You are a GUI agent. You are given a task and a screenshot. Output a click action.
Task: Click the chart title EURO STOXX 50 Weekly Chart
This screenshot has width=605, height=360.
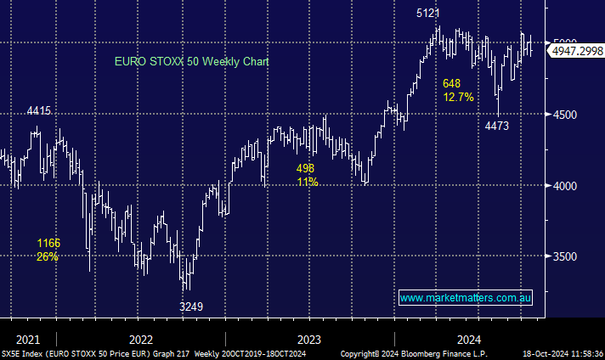192,62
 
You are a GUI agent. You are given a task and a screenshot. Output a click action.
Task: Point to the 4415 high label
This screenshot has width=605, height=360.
39,110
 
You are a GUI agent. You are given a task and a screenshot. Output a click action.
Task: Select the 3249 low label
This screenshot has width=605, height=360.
191,306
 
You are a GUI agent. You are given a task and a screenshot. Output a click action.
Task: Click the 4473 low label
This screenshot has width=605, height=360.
496,126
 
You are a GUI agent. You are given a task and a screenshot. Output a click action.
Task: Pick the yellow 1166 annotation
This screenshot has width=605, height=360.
48,243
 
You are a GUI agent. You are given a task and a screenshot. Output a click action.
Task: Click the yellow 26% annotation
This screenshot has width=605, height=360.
48,256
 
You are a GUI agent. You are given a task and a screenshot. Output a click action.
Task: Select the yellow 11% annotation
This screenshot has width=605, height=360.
307,182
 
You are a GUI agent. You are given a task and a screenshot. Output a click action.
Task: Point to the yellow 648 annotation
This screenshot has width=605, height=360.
451,83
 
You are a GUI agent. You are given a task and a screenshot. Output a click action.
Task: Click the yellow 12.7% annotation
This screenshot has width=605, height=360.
458,97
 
